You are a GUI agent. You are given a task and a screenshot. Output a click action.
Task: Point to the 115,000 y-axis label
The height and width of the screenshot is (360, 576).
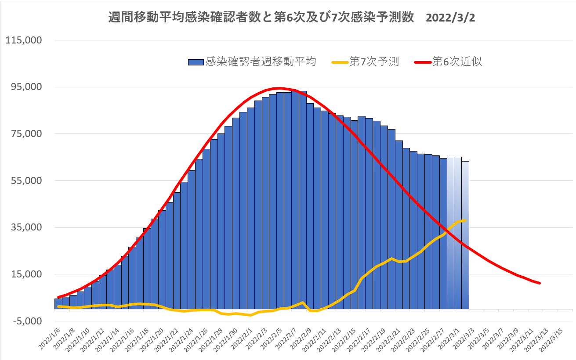[x=23, y=40]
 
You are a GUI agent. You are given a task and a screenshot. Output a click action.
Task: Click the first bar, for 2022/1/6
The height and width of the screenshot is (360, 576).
[x=58, y=304]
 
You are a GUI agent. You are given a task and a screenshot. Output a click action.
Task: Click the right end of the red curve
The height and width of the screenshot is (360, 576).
[x=540, y=283]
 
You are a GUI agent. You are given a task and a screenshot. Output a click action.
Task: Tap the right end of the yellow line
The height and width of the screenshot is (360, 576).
[x=465, y=220]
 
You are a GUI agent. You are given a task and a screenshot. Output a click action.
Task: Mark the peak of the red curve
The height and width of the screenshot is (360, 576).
[x=279, y=88]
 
